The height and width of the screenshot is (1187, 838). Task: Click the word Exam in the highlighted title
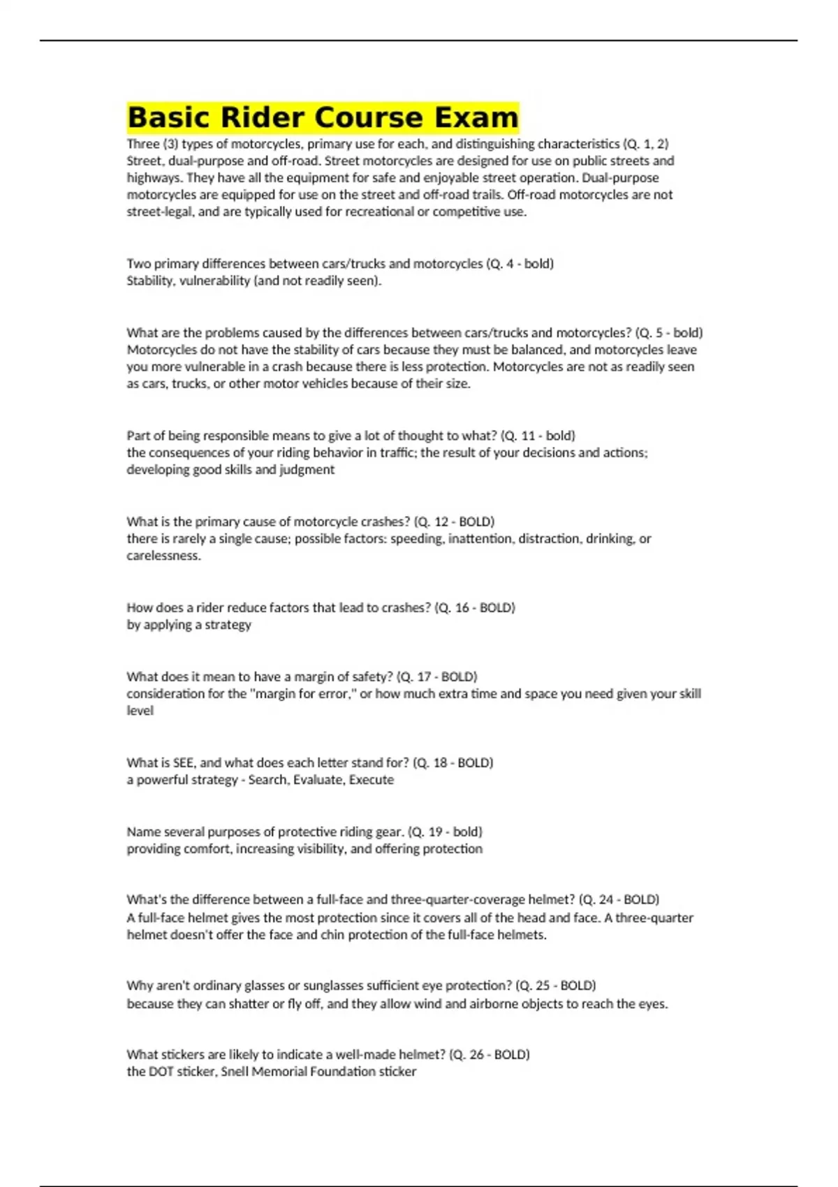click(x=476, y=117)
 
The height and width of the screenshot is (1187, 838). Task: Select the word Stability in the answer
click(x=149, y=281)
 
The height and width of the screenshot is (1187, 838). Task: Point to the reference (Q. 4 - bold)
click(x=520, y=264)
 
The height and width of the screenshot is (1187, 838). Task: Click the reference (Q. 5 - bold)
click(x=669, y=333)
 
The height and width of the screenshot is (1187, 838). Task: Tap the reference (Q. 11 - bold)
click(x=538, y=436)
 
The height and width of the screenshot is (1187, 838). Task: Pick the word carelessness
click(x=163, y=556)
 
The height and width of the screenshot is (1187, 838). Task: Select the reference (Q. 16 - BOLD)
click(x=475, y=607)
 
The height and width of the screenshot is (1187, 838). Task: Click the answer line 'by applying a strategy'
click(x=189, y=625)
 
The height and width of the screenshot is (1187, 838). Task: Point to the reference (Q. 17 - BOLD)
click(x=436, y=677)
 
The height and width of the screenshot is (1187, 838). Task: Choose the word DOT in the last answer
click(x=161, y=1072)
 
